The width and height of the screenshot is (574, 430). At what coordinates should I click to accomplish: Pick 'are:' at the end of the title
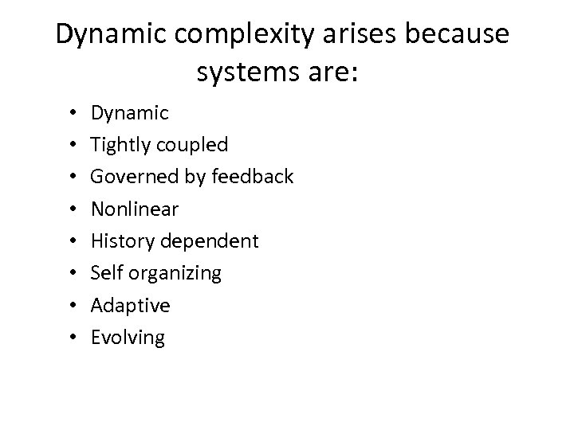pos(337,74)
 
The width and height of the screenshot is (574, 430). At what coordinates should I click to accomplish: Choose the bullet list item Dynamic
pos(129,113)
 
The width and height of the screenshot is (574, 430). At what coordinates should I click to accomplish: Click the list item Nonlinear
pos(135,209)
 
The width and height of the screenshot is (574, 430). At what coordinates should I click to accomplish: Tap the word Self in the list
pos(104,273)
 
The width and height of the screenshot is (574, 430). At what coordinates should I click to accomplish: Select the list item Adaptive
pos(131,306)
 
